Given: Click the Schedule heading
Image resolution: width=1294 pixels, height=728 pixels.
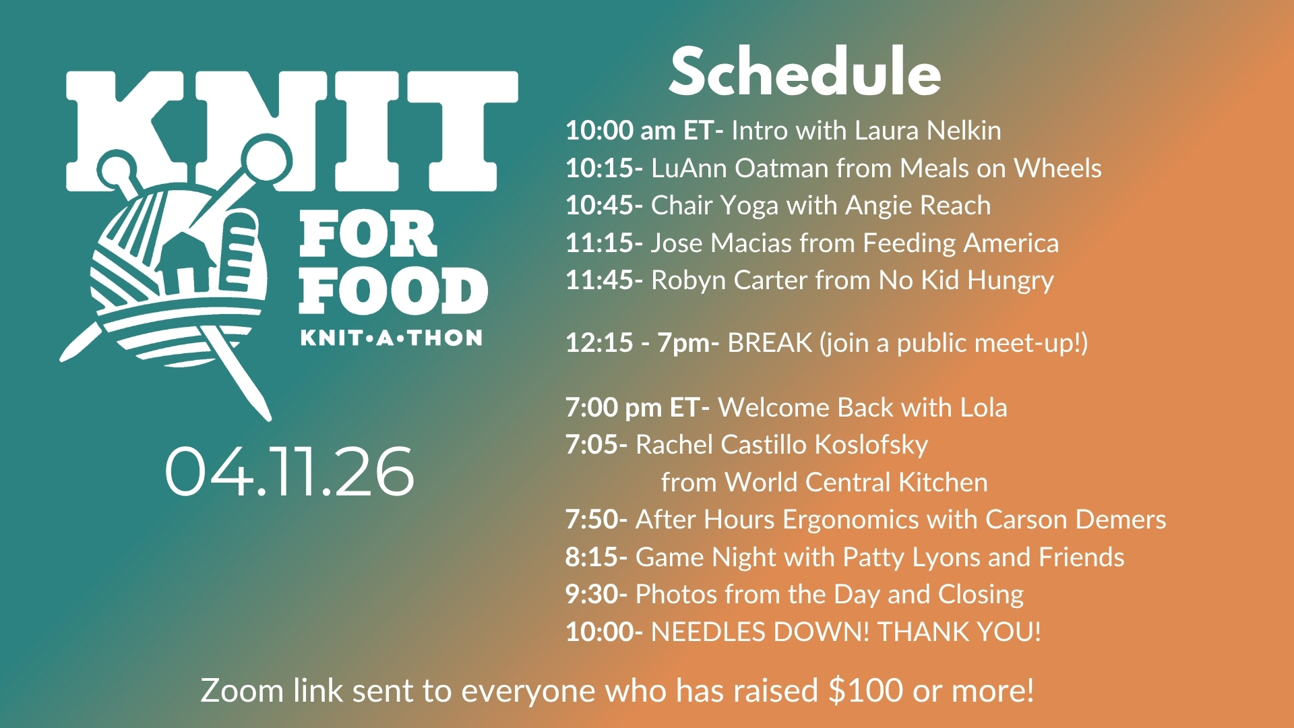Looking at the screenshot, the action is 805,71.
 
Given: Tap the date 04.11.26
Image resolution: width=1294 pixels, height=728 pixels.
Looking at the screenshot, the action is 289,472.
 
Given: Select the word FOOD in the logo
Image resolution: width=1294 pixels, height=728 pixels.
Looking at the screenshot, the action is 394,291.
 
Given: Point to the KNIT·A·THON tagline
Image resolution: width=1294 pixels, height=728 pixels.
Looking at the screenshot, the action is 392,338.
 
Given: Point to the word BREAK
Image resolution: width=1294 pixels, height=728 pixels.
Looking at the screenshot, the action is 770,343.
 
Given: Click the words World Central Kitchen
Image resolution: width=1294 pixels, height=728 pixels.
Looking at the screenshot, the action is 856,482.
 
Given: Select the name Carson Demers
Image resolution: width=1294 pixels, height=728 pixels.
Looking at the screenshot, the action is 1076,520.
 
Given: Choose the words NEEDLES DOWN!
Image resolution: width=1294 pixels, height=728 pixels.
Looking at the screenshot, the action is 760,632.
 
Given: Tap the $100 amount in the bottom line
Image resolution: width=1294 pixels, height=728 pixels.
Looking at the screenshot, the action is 866,690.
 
